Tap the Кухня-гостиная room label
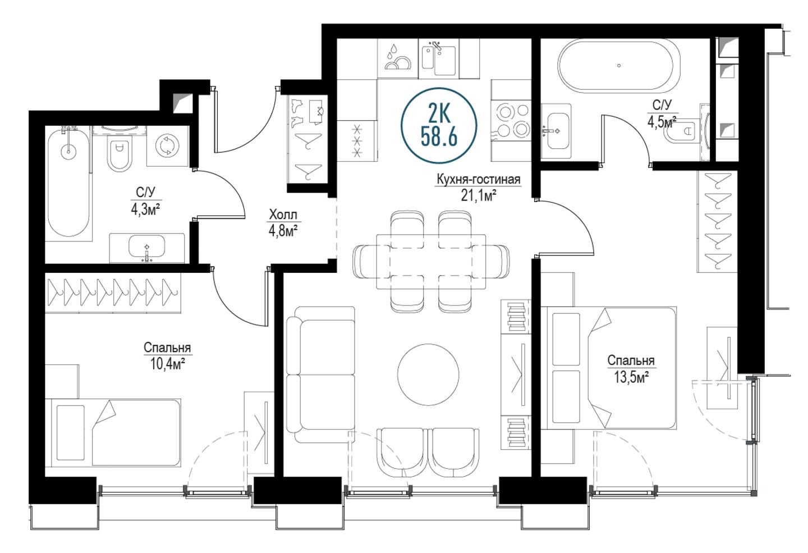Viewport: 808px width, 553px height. click(479, 180)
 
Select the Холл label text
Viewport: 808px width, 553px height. click(283, 215)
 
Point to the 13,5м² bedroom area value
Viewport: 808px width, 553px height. click(631, 378)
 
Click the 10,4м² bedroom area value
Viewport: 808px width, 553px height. click(167, 365)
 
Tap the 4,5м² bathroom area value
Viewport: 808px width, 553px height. click(662, 122)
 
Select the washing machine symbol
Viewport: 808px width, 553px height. click(167, 146)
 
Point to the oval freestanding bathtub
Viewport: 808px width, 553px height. click(619, 66)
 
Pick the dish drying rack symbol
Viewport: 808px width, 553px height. click(398, 58)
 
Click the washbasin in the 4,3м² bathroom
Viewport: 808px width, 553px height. click(147, 248)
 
